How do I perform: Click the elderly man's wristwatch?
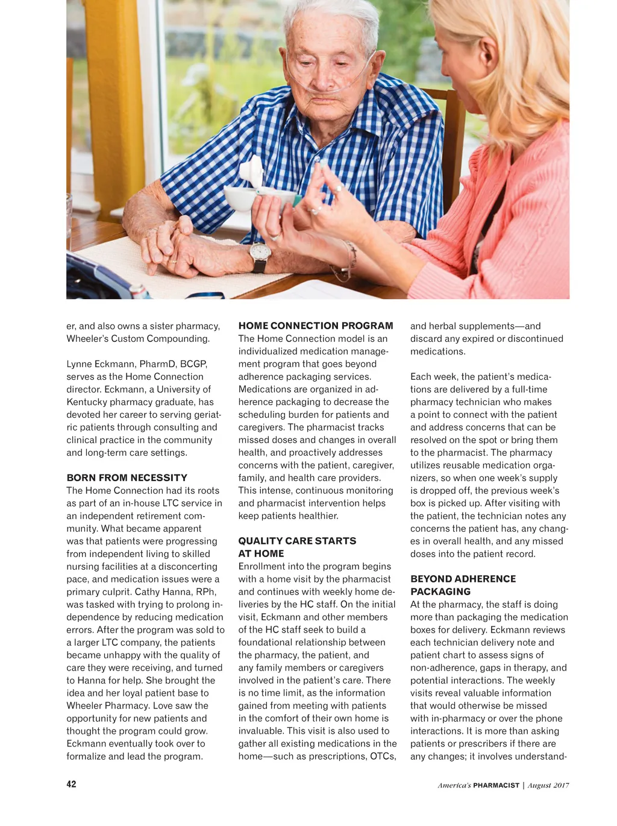tap(260, 254)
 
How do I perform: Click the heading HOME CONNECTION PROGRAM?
tap(315, 326)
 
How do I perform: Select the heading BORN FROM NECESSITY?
tap(127, 478)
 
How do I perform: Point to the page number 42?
tap(71, 784)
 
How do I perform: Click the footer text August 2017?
tap(548, 785)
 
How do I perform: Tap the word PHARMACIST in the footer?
tap(496, 785)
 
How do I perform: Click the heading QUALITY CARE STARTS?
tap(297, 541)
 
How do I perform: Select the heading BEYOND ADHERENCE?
tap(463, 579)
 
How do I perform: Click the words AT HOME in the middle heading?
tap(261, 553)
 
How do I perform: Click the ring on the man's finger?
tap(173, 261)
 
